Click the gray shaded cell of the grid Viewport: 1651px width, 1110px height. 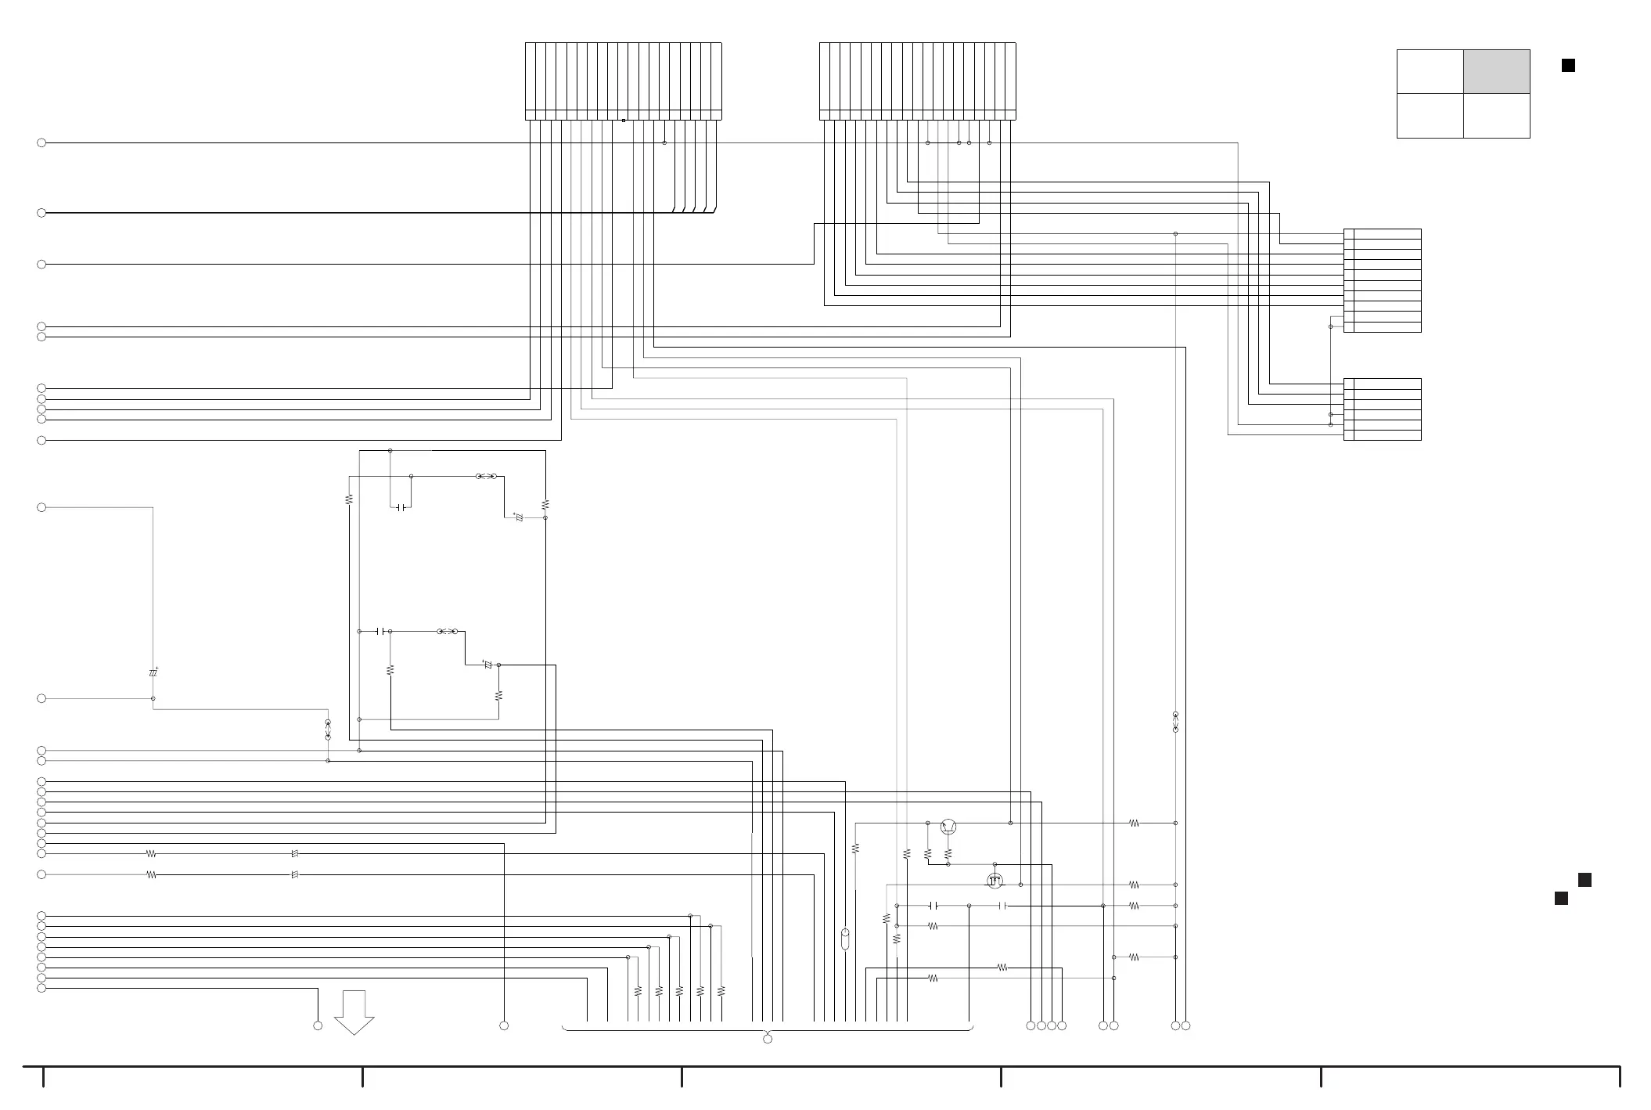(1496, 71)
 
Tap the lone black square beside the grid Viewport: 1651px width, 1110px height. (1568, 66)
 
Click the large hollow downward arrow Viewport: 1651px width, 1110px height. (354, 1012)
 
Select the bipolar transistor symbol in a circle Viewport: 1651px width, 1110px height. (948, 826)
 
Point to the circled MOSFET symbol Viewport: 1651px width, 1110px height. (995, 881)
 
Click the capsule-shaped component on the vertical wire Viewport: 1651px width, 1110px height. (845, 939)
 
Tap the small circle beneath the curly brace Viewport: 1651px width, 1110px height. (768, 1039)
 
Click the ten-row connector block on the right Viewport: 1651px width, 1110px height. (1383, 280)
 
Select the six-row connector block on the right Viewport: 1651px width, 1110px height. (1383, 409)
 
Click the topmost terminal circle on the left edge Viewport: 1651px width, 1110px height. (41, 143)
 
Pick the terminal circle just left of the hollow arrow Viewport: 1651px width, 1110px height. (318, 1025)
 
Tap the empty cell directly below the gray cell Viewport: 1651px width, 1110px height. (1496, 116)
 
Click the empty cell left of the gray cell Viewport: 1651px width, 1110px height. (1430, 71)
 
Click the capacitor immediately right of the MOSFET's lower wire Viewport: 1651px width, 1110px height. (1004, 906)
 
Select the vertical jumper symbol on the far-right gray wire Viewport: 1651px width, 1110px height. (1175, 722)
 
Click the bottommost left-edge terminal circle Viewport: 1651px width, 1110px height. (41, 988)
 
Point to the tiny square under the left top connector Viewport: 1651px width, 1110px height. (624, 121)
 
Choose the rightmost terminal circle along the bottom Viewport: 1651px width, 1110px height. (1186, 1025)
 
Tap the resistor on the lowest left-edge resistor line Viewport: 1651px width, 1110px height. (151, 874)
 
